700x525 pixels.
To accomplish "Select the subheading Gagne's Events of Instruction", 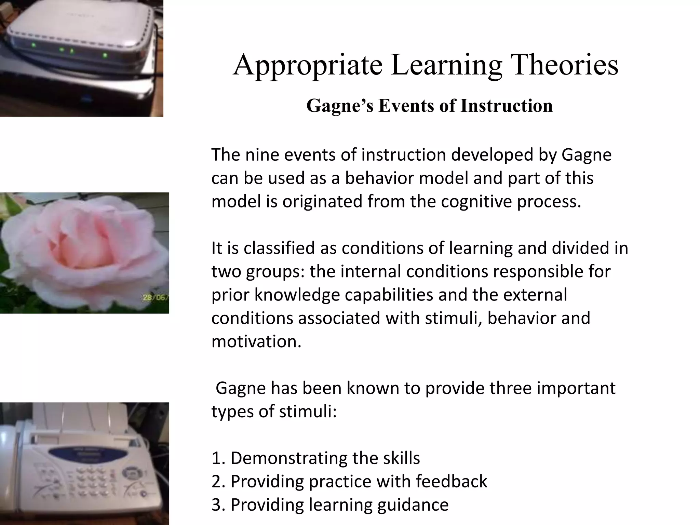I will tap(429, 106).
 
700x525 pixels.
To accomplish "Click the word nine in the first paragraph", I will tap(262, 154).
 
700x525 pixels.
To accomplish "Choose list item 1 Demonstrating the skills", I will tap(315, 458).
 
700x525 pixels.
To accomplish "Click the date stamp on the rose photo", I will tap(156, 298).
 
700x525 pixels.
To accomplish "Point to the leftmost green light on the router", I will tap(33, 45).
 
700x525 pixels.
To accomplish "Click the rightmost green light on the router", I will tap(105, 55).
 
